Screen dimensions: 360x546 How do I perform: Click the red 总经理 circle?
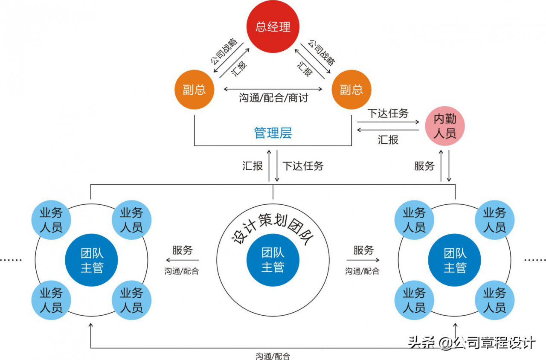pyautogui.click(x=273, y=26)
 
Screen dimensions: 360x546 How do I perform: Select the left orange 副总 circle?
pyautogui.click(x=194, y=90)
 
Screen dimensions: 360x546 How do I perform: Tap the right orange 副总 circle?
pyautogui.click(x=351, y=90)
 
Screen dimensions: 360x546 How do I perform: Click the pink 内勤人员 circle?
pyautogui.click(x=444, y=127)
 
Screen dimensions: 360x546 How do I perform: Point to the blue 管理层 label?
pyautogui.click(x=273, y=133)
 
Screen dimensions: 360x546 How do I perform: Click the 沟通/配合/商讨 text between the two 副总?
pyautogui.click(x=273, y=98)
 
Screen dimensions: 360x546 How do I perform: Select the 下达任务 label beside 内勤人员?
pyautogui.click(x=388, y=113)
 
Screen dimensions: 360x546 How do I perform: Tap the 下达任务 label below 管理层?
pyautogui.click(x=303, y=166)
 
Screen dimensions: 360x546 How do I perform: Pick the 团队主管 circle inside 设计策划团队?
pyautogui.click(x=273, y=260)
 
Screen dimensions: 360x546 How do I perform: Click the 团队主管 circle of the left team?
pyautogui.click(x=92, y=260)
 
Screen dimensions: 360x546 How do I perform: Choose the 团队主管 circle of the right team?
pyautogui.click(x=455, y=260)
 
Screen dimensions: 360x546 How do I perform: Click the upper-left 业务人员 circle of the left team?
pyautogui.click(x=51, y=220)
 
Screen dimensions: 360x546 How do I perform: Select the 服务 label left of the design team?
pyautogui.click(x=182, y=250)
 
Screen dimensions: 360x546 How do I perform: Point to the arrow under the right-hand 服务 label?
pyautogui.click(x=363, y=260)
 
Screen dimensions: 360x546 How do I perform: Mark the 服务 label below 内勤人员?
pyautogui.click(x=424, y=166)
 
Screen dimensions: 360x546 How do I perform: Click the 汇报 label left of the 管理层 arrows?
pyautogui.click(x=253, y=166)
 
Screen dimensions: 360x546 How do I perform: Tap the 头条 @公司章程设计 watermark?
pyautogui.click(x=471, y=343)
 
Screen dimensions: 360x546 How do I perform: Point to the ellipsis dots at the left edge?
pyautogui.click(x=11, y=260)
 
